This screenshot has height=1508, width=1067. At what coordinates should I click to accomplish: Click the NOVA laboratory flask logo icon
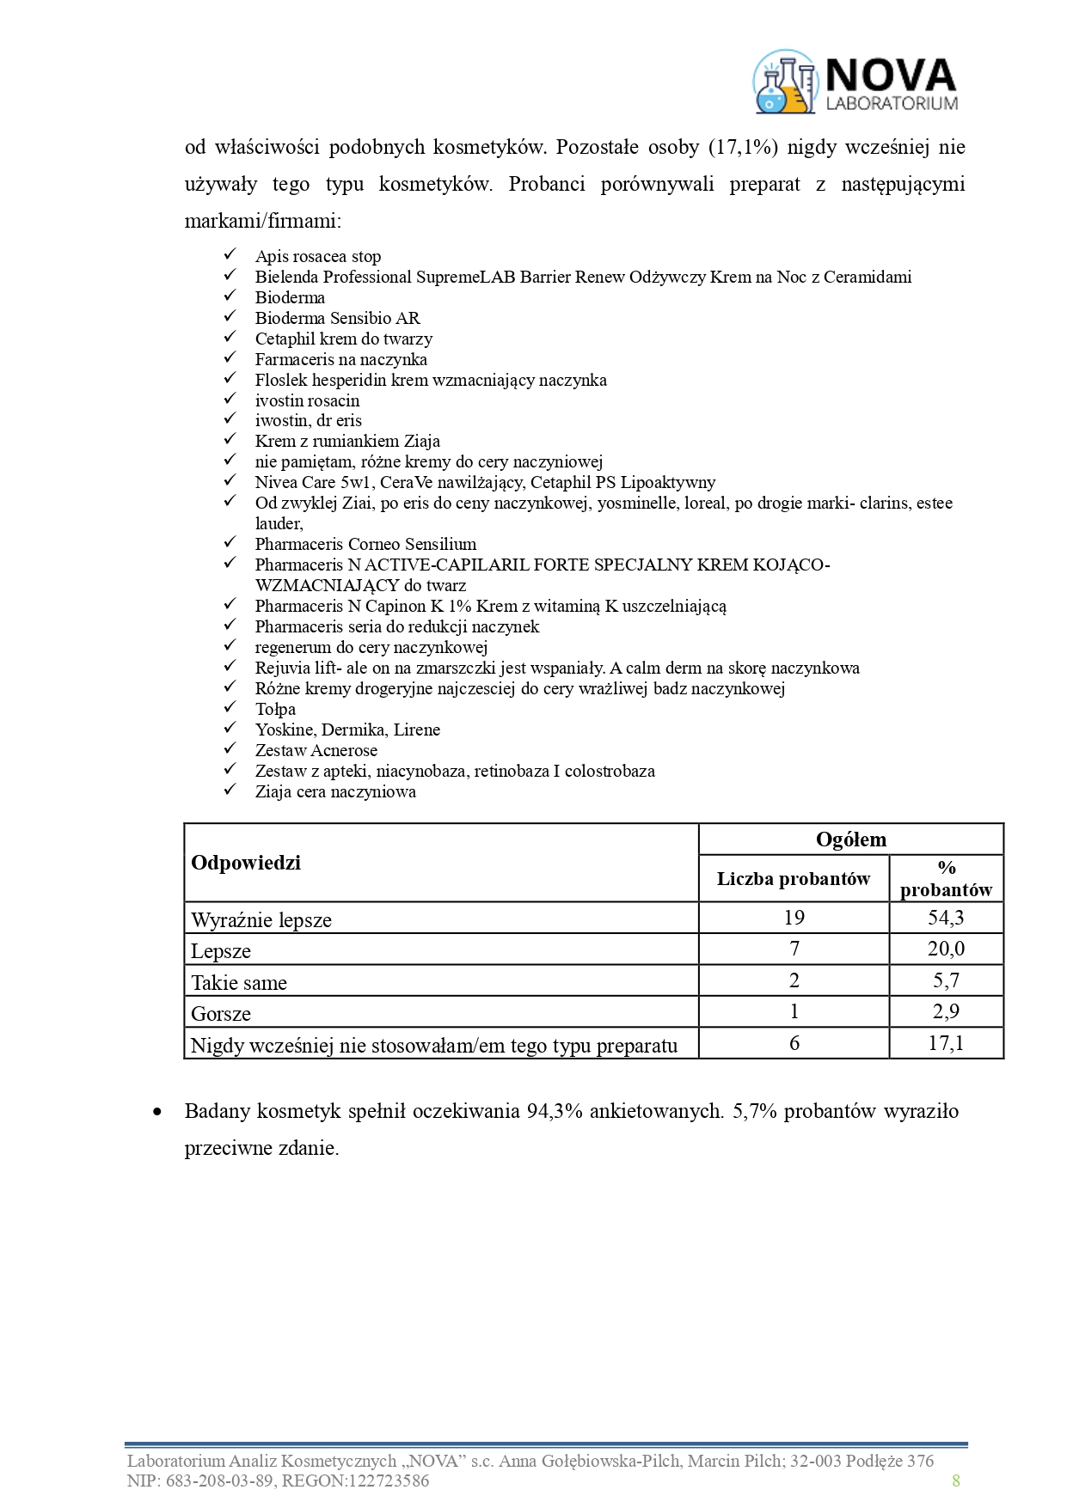pyautogui.click(x=784, y=82)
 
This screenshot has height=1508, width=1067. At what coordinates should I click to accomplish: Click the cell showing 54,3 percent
pyautogui.click(x=946, y=918)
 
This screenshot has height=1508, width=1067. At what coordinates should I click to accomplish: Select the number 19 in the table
pyautogui.click(x=794, y=918)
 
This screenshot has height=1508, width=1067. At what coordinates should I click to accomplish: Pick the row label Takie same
pyautogui.click(x=239, y=982)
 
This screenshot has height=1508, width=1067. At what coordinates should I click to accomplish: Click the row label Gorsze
pyautogui.click(x=221, y=1014)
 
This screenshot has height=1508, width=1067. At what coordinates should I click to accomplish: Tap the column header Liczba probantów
pyautogui.click(x=794, y=878)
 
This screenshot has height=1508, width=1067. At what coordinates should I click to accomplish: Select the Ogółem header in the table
pyautogui.click(x=850, y=839)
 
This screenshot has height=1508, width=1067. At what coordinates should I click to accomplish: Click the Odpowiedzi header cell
pyautogui.click(x=246, y=863)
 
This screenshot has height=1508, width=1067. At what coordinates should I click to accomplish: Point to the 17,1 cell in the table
pyautogui.click(x=946, y=1043)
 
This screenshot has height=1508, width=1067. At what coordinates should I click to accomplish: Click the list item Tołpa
pyautogui.click(x=275, y=709)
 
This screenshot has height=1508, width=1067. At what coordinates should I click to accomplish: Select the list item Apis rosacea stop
pyautogui.click(x=318, y=256)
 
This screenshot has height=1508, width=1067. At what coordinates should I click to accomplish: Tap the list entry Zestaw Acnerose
pyautogui.click(x=316, y=750)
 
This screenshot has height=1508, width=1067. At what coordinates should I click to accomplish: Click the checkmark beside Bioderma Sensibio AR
pyautogui.click(x=230, y=317)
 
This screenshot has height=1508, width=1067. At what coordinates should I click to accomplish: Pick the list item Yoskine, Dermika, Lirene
pyautogui.click(x=347, y=730)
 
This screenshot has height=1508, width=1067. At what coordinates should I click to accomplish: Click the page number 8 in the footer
pyautogui.click(x=956, y=1480)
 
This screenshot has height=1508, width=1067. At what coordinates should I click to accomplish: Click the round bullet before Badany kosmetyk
pyautogui.click(x=156, y=1112)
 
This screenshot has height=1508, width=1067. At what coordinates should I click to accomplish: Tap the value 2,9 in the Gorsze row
pyautogui.click(x=946, y=1012)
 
